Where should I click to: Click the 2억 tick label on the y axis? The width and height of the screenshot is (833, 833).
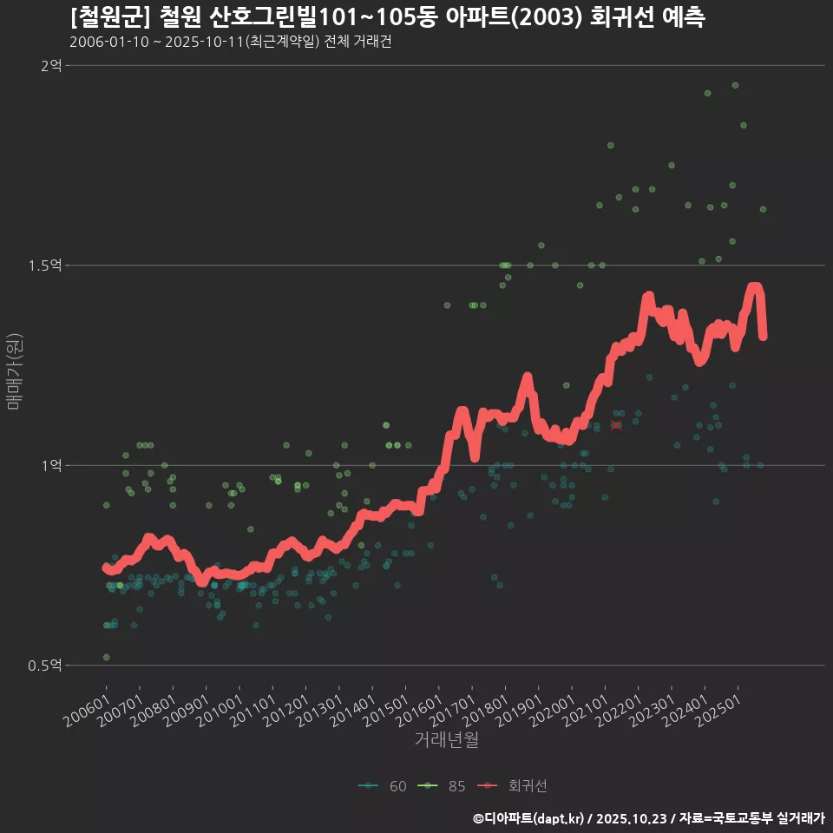click(50, 65)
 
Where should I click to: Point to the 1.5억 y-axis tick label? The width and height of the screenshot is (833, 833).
click(45, 266)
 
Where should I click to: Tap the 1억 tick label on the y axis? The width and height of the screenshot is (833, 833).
click(50, 465)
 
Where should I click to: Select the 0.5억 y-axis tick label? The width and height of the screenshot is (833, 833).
click(45, 666)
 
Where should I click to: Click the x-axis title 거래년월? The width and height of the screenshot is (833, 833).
click(446, 740)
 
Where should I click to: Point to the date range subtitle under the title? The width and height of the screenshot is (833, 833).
click(231, 42)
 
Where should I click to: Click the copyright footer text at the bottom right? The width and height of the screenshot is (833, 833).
click(648, 817)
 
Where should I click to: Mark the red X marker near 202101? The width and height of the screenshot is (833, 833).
click(616, 425)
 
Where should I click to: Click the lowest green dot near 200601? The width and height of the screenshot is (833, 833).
click(106, 658)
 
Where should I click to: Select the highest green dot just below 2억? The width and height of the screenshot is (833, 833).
click(735, 85)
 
